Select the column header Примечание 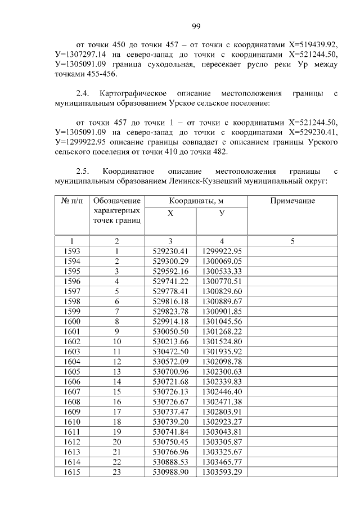[292, 201]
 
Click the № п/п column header [71, 201]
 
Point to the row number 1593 [71, 251]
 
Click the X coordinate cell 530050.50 [170, 331]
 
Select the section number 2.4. [83, 93]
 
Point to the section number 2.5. [83, 170]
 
